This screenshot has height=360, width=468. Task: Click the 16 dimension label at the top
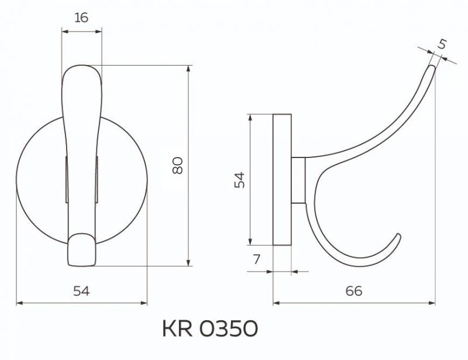(x=82, y=18)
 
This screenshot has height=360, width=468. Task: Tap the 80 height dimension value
(x=178, y=166)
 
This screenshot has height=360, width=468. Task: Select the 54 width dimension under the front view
(x=82, y=291)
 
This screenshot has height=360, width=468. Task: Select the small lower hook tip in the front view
(x=81, y=248)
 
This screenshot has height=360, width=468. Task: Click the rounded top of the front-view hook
(x=82, y=73)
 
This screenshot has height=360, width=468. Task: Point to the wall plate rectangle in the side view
(x=282, y=179)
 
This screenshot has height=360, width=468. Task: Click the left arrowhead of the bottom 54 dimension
(x=19, y=303)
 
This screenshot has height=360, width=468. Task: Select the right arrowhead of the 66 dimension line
(x=433, y=303)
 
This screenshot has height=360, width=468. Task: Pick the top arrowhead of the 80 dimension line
(x=188, y=69)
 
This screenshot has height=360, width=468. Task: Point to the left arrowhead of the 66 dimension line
(x=277, y=303)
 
